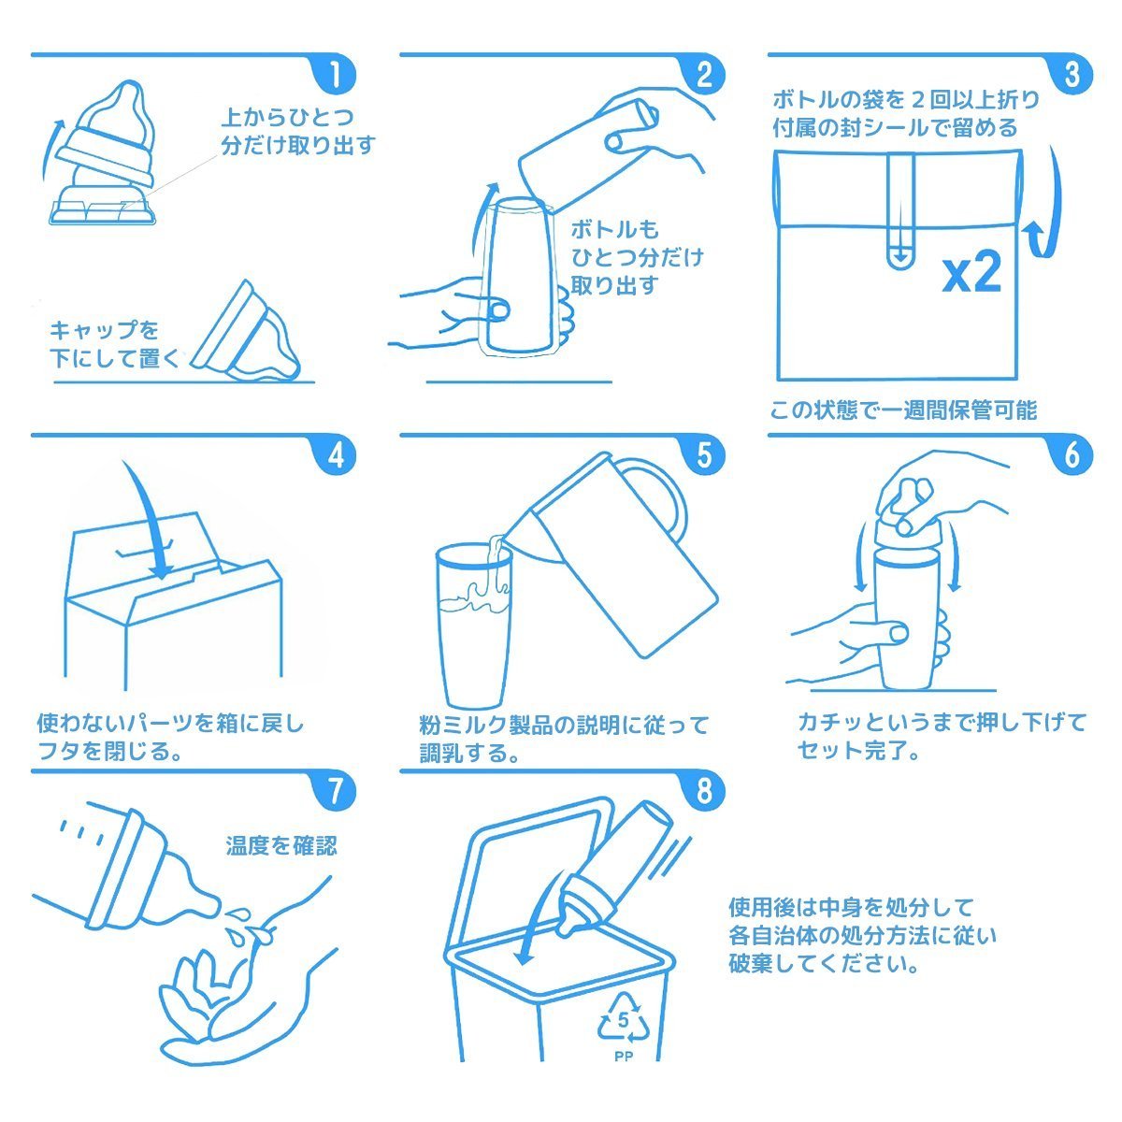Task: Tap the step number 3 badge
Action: [1072, 74]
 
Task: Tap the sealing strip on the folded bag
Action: [900, 210]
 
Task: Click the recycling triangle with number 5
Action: [624, 1019]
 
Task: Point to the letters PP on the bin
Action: [624, 1056]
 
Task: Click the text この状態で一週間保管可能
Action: [903, 410]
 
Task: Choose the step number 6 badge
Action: [1072, 454]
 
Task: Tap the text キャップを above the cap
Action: [104, 330]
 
